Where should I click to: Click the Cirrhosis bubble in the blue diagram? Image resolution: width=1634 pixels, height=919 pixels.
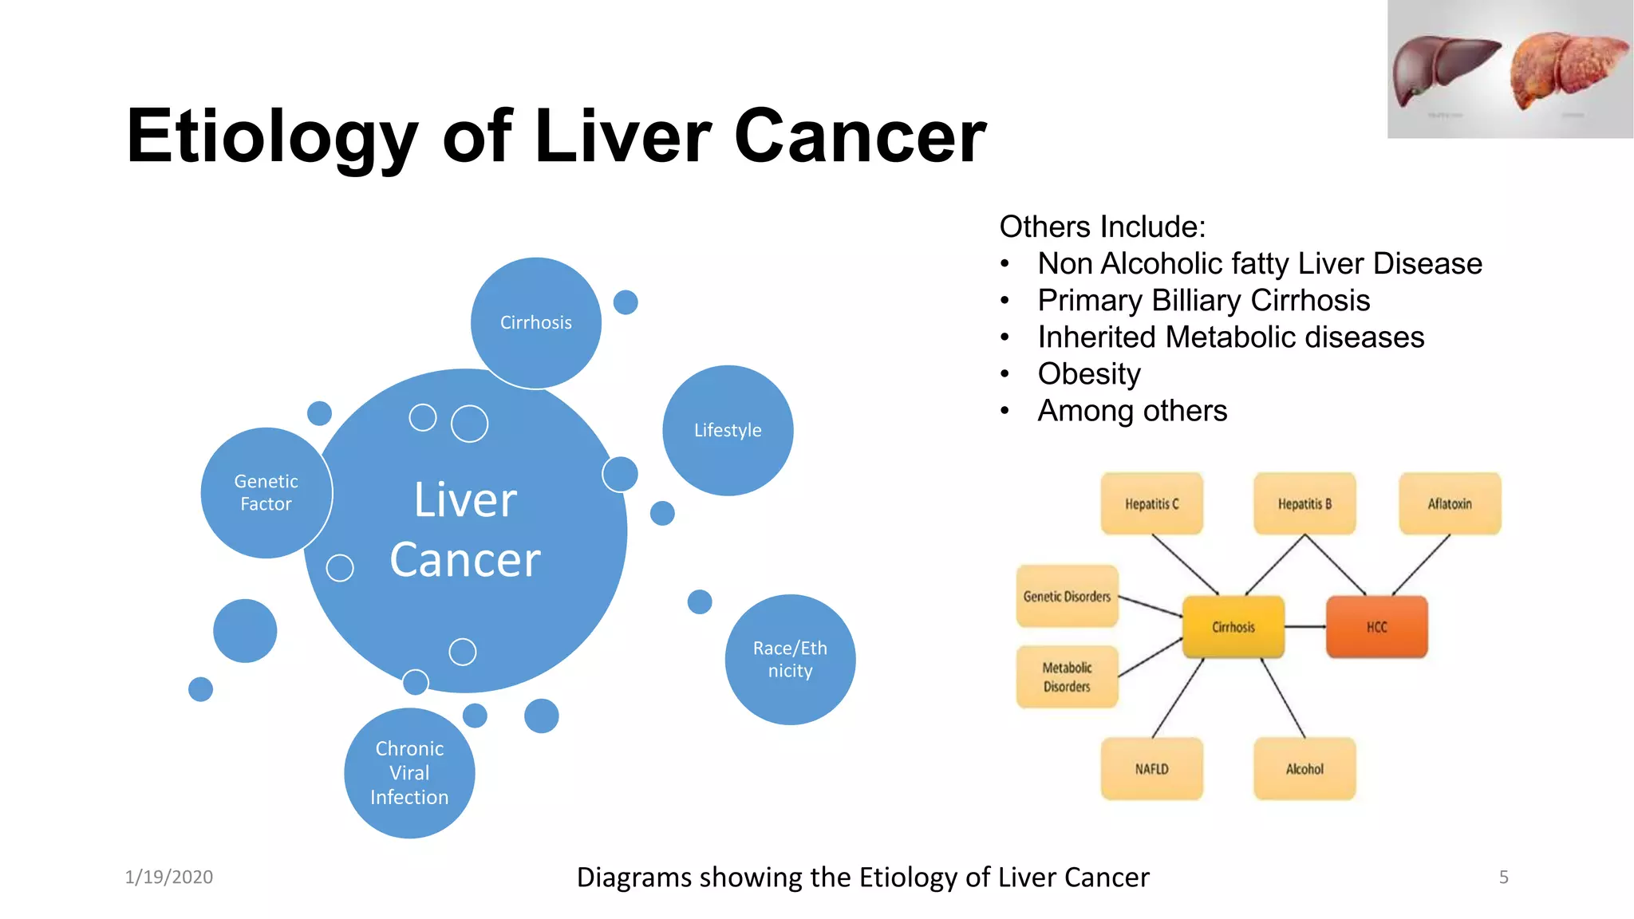pos(535,322)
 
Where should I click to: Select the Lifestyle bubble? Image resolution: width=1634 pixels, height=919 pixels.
pos(728,430)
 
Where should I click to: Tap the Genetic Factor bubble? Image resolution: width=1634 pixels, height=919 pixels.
pos(266,493)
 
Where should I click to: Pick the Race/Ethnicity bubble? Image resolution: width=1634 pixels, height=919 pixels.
pos(790,659)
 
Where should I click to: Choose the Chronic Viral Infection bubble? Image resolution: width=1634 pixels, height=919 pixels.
pos(409,772)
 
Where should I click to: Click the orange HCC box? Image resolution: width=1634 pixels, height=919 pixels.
pos(1376,627)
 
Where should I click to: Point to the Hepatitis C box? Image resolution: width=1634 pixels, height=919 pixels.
pos(1151,504)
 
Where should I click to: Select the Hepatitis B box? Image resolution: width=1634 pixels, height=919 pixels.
pos(1304,504)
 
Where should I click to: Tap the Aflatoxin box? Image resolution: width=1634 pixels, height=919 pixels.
pos(1450,504)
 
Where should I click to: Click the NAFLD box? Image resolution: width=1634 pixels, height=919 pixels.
pos(1151,769)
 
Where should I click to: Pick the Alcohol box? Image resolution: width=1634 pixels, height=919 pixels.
pos(1304,769)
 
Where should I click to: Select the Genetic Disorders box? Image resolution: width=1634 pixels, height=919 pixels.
pos(1067,597)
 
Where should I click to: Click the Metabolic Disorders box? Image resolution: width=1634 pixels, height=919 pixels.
pos(1067,676)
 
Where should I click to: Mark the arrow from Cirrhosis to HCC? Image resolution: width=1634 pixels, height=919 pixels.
pos(1305,627)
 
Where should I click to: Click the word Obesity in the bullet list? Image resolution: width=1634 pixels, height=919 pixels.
pos(1089,374)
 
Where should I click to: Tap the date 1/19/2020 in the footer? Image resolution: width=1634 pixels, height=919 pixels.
pos(169,877)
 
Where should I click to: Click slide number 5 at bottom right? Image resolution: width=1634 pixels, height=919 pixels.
pos(1503,878)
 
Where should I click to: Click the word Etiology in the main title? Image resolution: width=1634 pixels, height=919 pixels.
pos(272,136)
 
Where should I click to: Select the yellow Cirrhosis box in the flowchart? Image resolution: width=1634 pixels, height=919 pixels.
pos(1233,627)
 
